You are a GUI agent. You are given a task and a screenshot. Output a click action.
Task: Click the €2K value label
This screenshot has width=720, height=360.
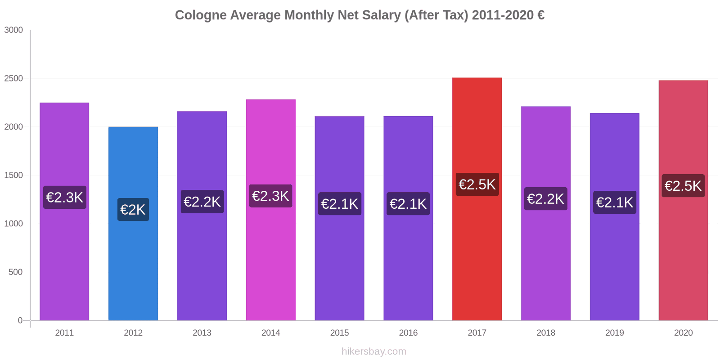click(x=133, y=210)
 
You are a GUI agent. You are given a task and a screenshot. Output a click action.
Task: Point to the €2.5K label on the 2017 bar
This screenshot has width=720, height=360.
click(x=477, y=184)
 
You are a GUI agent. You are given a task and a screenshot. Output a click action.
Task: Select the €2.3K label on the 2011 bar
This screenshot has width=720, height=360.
click(x=65, y=198)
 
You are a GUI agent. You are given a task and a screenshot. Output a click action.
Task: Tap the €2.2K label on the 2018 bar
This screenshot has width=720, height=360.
click(x=545, y=199)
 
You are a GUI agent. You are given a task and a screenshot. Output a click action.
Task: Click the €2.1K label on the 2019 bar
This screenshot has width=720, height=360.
click(x=615, y=202)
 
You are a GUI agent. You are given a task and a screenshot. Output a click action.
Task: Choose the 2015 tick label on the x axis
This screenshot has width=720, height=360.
click(x=339, y=333)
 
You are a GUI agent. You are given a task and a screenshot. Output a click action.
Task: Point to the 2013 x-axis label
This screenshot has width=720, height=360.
click(x=202, y=333)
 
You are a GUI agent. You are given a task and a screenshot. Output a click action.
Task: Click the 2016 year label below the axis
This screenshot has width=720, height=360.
click(x=408, y=333)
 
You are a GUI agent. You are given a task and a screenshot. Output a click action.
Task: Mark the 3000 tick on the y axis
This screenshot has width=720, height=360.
click(x=13, y=30)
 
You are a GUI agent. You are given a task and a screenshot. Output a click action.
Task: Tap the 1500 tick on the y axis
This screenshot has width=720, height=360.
click(x=13, y=175)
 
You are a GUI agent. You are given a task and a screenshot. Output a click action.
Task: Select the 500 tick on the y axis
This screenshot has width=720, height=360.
click(x=15, y=272)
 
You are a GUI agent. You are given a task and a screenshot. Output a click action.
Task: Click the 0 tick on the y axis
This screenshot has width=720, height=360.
click(x=20, y=320)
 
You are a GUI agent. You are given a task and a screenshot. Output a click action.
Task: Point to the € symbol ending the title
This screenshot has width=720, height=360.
click(x=540, y=15)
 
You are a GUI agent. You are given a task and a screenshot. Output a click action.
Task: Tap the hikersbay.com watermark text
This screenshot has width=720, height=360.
click(x=373, y=351)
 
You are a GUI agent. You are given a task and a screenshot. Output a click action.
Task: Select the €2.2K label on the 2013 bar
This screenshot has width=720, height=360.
click(x=202, y=202)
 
